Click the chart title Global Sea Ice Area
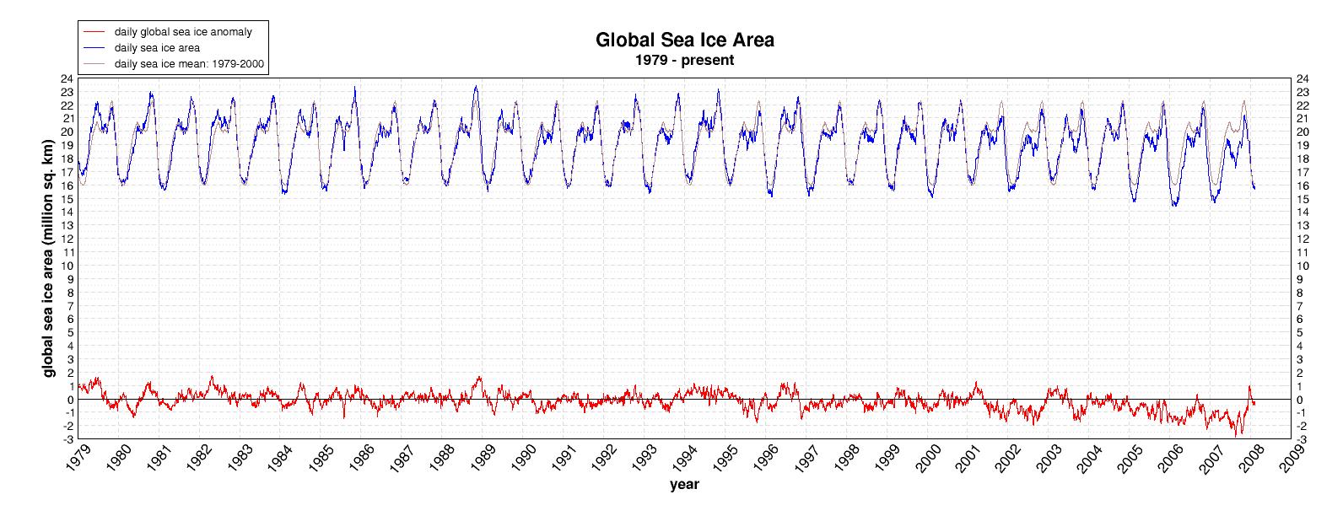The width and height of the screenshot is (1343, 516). tap(684, 40)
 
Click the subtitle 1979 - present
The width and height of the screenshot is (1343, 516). tap(684, 61)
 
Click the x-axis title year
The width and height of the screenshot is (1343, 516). tap(684, 485)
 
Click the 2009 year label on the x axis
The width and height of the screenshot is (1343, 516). tap(1296, 461)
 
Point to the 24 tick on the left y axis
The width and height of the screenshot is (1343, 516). tap(66, 78)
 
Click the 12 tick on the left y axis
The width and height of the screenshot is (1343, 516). tap(66, 239)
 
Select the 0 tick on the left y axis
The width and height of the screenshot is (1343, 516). tap(69, 400)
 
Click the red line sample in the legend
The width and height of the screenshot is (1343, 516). tap(94, 31)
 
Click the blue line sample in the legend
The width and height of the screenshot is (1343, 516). tap(94, 47)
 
